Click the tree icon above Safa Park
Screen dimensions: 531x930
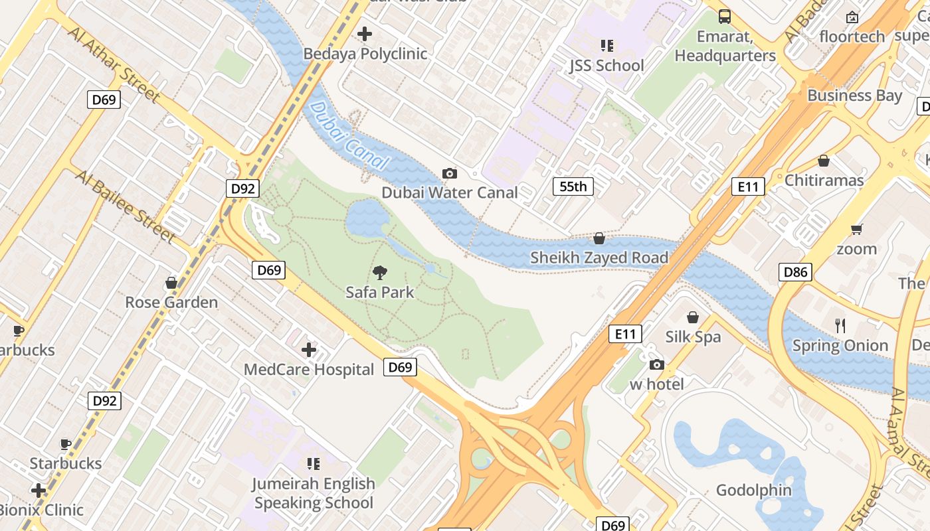tap(380, 272)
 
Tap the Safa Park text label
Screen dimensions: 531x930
tap(380, 292)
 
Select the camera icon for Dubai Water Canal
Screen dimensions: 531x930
tap(450, 174)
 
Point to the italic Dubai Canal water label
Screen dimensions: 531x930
tap(348, 135)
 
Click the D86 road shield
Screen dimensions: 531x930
tap(795, 271)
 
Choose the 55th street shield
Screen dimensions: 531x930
tap(573, 187)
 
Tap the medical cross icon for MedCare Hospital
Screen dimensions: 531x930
tap(309, 350)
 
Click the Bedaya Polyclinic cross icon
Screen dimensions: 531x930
tap(365, 34)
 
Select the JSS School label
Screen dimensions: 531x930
tap(606, 66)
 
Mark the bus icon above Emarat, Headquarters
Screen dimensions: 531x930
tap(725, 17)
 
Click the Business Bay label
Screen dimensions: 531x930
tap(854, 96)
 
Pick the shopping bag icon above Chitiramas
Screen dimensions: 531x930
tap(824, 161)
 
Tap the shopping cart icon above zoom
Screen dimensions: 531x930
tap(856, 230)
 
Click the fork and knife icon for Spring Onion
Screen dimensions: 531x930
tap(840, 325)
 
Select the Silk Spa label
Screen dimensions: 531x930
tap(693, 337)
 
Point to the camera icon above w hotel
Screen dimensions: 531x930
tap(657, 364)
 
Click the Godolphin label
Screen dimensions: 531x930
tap(753, 491)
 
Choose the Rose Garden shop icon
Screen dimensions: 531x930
tap(171, 283)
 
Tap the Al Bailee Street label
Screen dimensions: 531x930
tap(126, 206)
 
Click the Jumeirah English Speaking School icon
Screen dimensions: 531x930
tap(314, 463)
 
